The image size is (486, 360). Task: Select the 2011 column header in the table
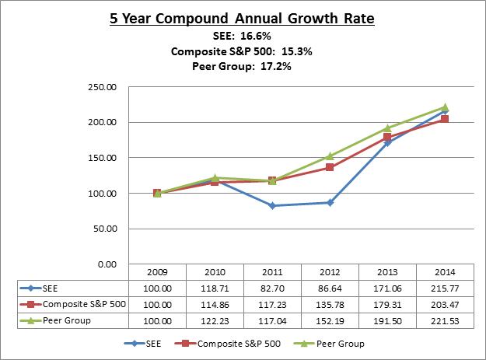click(272, 273)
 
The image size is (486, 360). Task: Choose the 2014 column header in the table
click(445, 273)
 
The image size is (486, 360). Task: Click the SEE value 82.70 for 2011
click(272, 288)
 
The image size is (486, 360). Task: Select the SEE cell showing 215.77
click(445, 288)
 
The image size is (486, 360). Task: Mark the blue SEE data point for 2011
click(272, 205)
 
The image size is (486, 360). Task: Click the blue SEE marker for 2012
click(330, 202)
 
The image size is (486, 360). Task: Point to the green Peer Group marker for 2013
click(387, 128)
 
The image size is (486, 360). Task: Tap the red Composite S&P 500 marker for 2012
click(330, 167)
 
